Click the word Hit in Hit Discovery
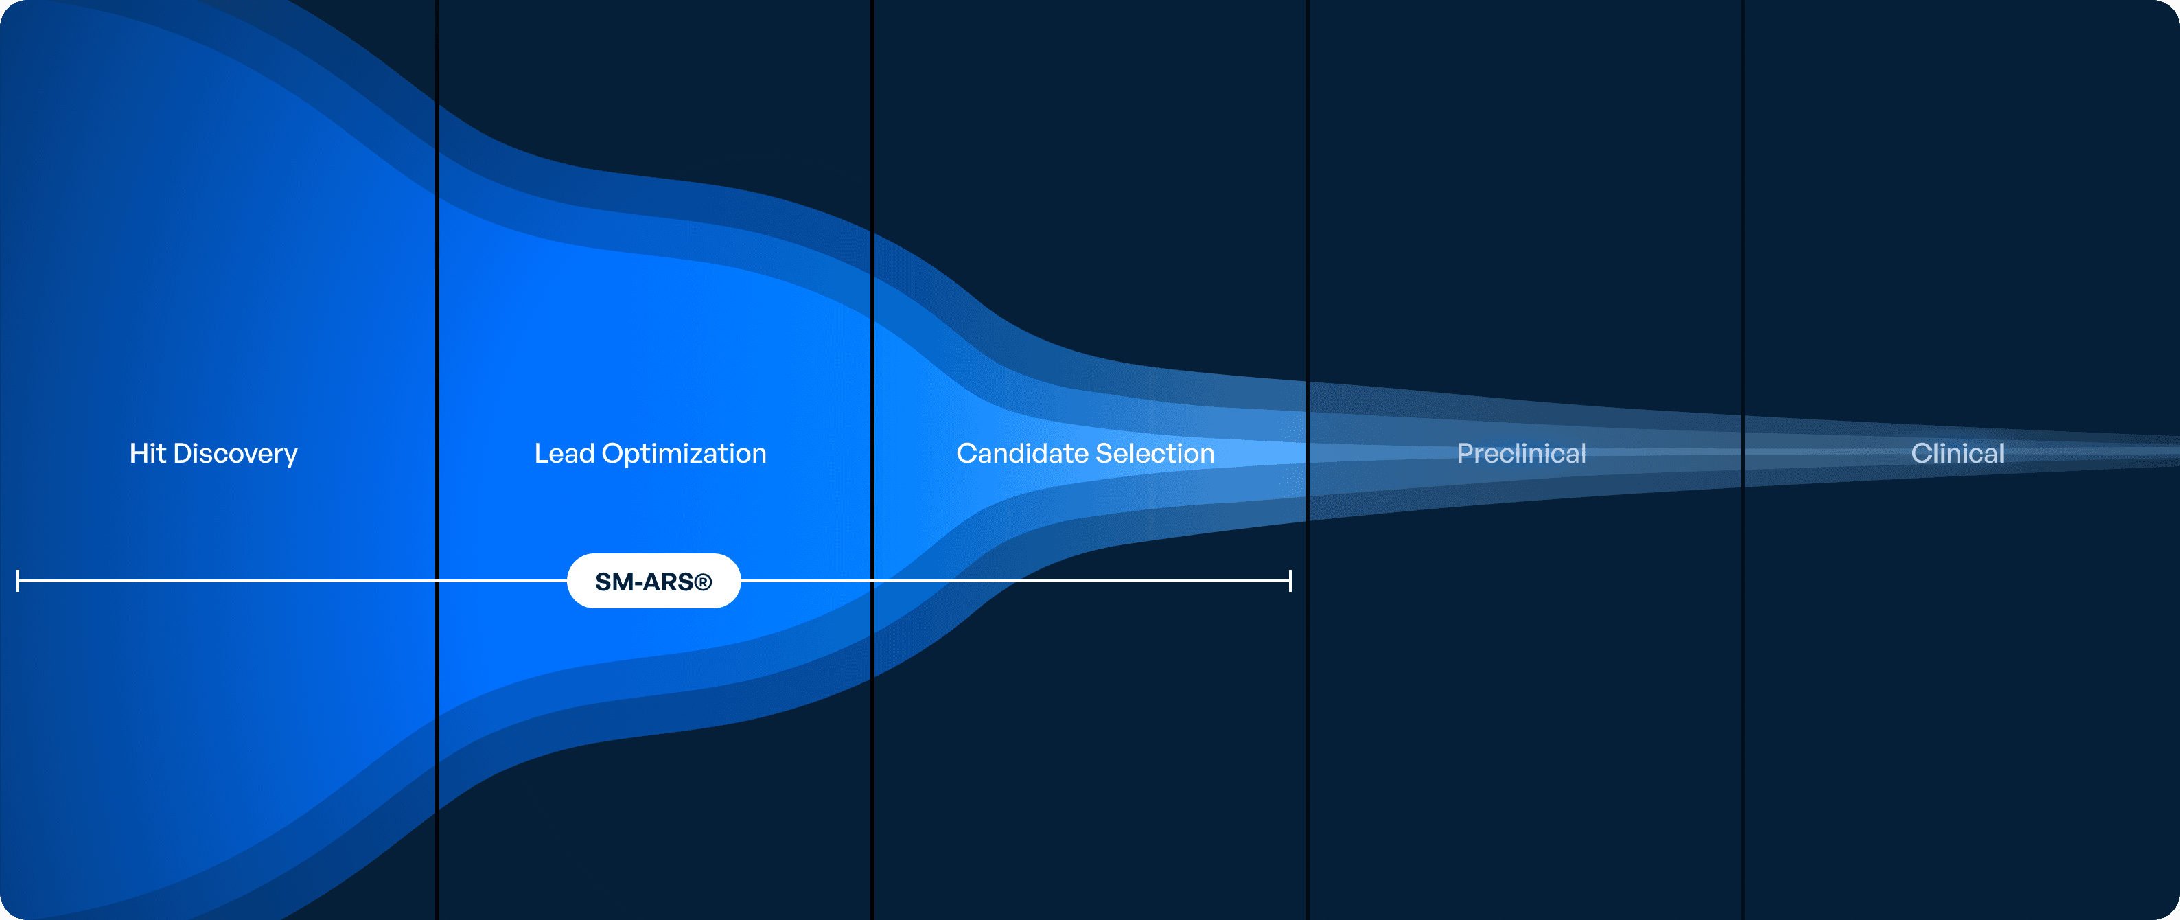148,454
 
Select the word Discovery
235,455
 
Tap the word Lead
564,454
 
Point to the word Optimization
684,455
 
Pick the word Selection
1155,454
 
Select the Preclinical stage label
1522,454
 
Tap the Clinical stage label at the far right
1958,454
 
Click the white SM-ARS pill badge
654,581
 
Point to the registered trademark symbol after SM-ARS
704,582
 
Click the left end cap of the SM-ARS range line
18,581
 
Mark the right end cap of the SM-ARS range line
1290,581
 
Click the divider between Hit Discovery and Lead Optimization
437,459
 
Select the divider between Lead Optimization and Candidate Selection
872,459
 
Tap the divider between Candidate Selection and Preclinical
1308,459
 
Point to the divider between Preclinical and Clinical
1743,459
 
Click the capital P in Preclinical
1465,454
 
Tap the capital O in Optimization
613,454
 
